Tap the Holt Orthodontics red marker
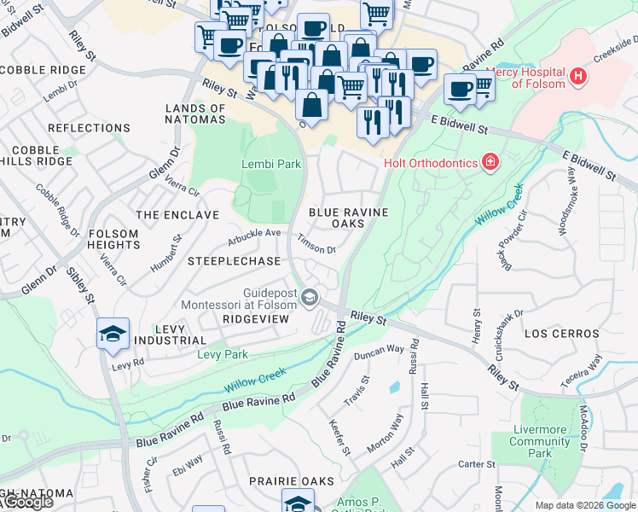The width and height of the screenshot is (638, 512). [490, 161]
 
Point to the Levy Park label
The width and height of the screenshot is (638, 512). [223, 354]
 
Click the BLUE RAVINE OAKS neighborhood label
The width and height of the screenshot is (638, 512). [348, 218]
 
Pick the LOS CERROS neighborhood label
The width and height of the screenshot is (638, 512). [556, 333]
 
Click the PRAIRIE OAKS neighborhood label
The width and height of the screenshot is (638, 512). [291, 481]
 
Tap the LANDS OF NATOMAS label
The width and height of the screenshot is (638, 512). [195, 114]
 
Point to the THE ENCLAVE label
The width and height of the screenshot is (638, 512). [177, 215]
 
